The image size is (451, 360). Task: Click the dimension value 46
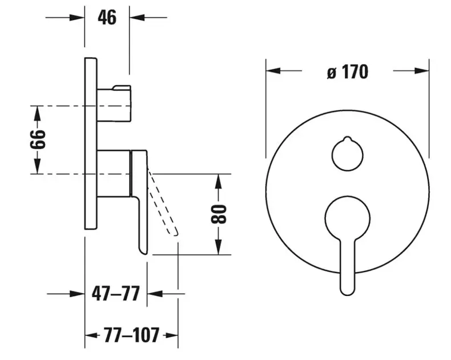[107, 18]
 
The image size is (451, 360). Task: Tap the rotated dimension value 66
[38, 139]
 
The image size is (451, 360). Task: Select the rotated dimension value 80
[219, 214]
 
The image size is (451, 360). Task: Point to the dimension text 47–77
[116, 294]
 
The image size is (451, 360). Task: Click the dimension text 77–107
[131, 335]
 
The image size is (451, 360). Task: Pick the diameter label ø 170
[348, 71]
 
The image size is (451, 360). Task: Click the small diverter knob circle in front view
[348, 154]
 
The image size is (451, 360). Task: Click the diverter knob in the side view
[115, 103]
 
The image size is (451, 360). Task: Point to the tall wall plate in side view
[91, 143]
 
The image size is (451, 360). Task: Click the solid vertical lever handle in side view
[139, 202]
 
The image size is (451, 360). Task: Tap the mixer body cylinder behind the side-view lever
[114, 173]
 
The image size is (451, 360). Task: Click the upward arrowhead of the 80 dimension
[219, 182]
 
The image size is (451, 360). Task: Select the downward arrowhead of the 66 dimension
[37, 166]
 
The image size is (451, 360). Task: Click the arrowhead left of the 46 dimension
[77, 18]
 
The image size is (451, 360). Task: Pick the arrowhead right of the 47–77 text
[155, 294]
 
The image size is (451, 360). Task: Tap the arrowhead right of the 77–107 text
[170, 335]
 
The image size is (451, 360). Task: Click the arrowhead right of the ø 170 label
[422, 70]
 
